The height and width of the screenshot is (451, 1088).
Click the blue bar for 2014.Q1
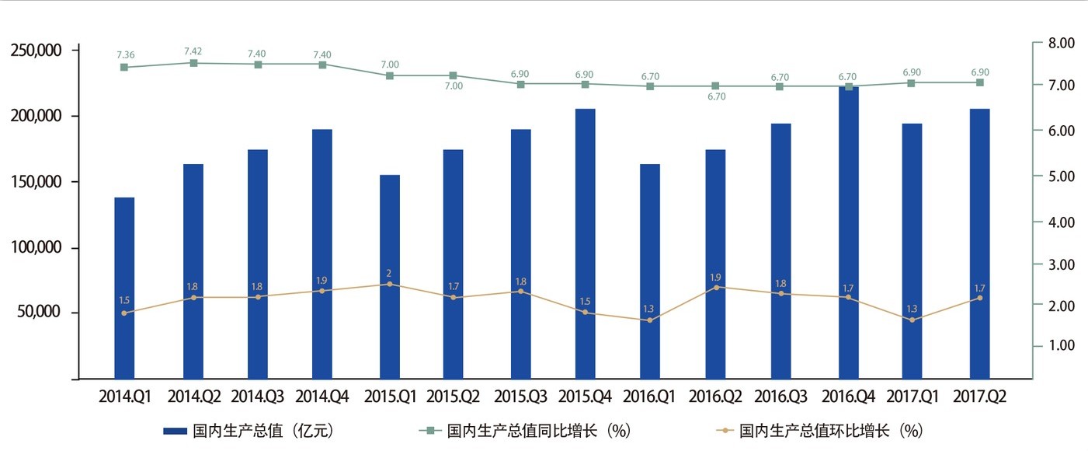[x=124, y=288]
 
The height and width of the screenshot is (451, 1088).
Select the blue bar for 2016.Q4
[x=849, y=233]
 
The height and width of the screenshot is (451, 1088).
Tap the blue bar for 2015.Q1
[x=389, y=277]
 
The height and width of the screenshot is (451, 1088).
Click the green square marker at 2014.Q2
[x=193, y=63]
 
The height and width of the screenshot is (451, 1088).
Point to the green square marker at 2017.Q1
[x=912, y=82]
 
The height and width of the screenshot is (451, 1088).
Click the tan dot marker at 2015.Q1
[x=389, y=284]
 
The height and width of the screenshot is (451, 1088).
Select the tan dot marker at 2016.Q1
[x=649, y=320]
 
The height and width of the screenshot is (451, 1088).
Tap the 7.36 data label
[x=126, y=54]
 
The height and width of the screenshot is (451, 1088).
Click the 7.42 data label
[x=193, y=51]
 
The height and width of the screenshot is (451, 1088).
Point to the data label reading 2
[x=389, y=273]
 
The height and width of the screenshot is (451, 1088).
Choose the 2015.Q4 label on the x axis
[x=585, y=397]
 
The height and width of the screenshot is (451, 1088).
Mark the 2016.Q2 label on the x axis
[x=715, y=397]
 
